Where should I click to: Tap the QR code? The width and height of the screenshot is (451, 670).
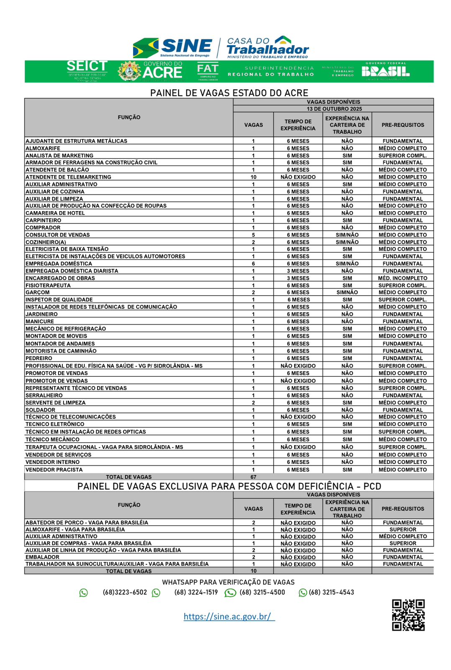[x=408, y=614]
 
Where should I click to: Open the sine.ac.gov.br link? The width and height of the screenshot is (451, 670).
[x=229, y=616]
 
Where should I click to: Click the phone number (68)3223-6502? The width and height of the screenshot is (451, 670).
[x=125, y=593]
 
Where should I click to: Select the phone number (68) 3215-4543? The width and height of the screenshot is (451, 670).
[x=331, y=593]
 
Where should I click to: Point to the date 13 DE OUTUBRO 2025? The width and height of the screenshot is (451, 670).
[x=334, y=109]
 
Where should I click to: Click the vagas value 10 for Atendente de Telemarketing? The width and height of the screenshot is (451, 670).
[x=254, y=177]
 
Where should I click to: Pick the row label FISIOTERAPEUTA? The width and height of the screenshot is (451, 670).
[x=48, y=286]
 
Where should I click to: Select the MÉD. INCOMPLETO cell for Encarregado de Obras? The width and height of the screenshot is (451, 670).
[x=402, y=278]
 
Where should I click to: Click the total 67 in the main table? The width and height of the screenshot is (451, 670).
[x=254, y=477]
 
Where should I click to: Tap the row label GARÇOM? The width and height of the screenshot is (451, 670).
[x=38, y=293]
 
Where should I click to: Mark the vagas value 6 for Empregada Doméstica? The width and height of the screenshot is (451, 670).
[x=254, y=264]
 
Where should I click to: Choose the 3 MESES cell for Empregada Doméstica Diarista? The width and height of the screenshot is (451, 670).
[x=298, y=271]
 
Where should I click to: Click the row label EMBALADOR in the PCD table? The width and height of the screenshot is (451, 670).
[x=42, y=557]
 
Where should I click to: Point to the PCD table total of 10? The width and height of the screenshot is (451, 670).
[x=254, y=571]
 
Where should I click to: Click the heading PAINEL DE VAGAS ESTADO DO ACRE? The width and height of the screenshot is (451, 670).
[x=229, y=93]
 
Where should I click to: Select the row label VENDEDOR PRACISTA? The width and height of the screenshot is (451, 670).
[x=54, y=470]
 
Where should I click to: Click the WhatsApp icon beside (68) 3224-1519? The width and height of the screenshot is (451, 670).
[x=156, y=593]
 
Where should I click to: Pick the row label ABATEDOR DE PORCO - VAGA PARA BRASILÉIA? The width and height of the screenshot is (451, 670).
[x=87, y=523]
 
